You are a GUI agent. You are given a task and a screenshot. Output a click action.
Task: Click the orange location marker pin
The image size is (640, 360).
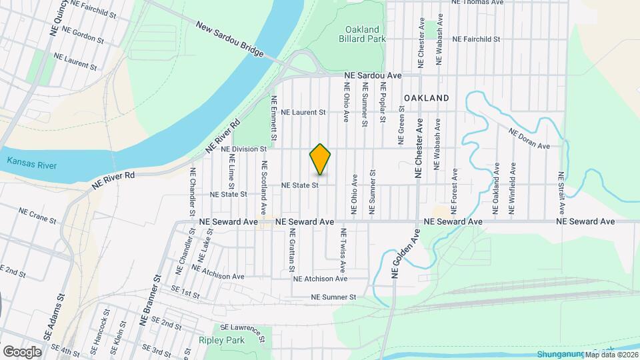pyautogui.click(x=321, y=159)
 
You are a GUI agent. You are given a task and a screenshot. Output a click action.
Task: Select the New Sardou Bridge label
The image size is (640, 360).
pyautogui.click(x=229, y=39)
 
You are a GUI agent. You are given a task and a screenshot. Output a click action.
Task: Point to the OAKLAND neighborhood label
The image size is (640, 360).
pyautogui.click(x=426, y=98)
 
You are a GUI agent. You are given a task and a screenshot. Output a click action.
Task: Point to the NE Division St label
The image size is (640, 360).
pyautogui.click(x=244, y=149)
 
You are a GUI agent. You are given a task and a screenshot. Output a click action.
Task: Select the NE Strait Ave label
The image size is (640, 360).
pyautogui.click(x=561, y=193)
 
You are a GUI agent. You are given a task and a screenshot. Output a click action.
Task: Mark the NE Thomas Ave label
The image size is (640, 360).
pyautogui.click(x=477, y=3)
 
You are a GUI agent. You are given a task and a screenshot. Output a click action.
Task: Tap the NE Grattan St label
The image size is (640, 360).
pyautogui.click(x=291, y=251)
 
